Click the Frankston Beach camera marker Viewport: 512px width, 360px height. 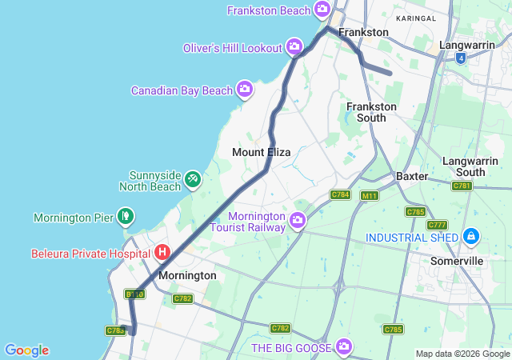click(x=322, y=10)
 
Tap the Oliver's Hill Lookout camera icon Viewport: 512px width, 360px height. click(x=294, y=47)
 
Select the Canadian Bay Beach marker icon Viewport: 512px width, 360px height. click(x=245, y=90)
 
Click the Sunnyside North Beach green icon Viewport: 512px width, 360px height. click(x=193, y=179)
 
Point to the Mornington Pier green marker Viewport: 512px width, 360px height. click(x=125, y=216)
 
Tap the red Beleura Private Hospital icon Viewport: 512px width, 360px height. click(x=162, y=253)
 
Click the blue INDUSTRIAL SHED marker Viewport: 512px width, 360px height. click(x=471, y=237)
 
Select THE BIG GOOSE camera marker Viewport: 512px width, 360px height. click(x=344, y=346)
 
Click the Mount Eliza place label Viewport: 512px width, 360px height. click(x=261, y=152)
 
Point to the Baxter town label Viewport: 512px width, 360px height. click(x=412, y=176)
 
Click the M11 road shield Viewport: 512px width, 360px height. click(x=370, y=195)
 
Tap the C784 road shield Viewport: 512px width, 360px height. click(x=341, y=194)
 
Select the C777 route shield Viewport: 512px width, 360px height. click(x=437, y=225)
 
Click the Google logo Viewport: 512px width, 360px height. click(x=26, y=350)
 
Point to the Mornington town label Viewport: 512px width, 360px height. click(x=187, y=275)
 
